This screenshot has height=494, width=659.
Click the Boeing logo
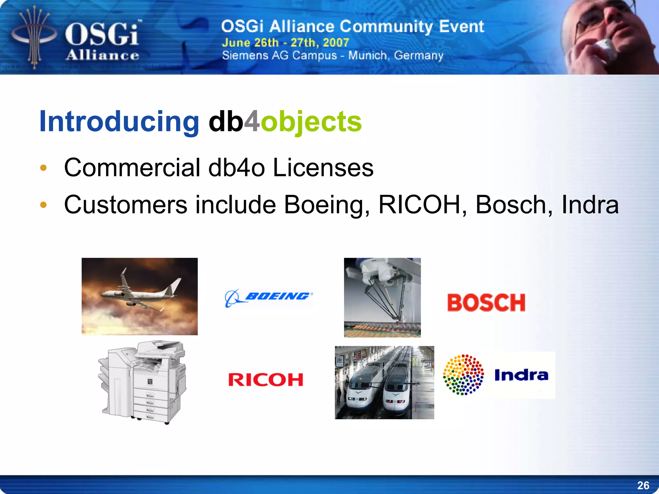[x=269, y=298]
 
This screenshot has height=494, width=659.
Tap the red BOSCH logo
[x=486, y=303]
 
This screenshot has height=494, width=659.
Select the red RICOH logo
[x=266, y=380]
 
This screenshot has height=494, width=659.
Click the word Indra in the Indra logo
[x=521, y=375]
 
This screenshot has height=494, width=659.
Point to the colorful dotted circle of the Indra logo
[x=463, y=375]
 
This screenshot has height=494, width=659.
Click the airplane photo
[x=139, y=296]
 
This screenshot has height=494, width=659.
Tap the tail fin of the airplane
[x=176, y=286]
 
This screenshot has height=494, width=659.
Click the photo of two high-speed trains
[x=384, y=383]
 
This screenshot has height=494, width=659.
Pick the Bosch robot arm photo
[x=382, y=297]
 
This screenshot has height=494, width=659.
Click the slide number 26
[x=643, y=485]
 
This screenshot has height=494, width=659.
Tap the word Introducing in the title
[x=119, y=121]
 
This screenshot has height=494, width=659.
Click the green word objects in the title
[x=311, y=121]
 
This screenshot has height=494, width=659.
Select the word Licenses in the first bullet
[x=323, y=168]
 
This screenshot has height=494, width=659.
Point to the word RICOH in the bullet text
[x=419, y=205]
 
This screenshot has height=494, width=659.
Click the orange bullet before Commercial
[x=43, y=168]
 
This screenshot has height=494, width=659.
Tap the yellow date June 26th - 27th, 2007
[x=285, y=43]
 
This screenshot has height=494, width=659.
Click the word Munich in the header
[x=367, y=55]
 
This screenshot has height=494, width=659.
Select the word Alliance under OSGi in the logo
[x=103, y=55]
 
